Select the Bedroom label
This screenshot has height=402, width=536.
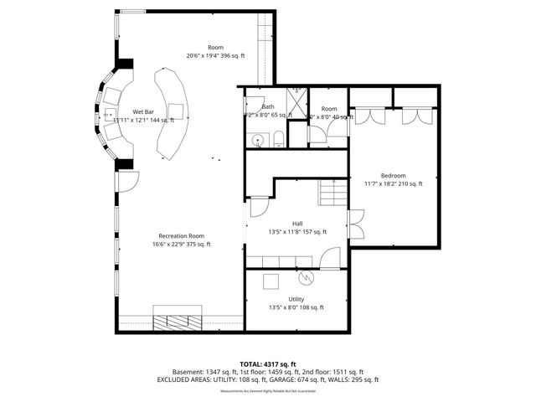coord(393,175)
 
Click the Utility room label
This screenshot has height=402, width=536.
coord(296,299)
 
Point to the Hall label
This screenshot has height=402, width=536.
coord(297,223)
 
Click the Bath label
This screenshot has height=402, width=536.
coord(268,106)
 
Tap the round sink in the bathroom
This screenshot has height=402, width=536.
coord(258,141)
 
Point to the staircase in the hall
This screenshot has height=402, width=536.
coord(332,193)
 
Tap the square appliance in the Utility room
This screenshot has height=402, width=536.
coord(270,281)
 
